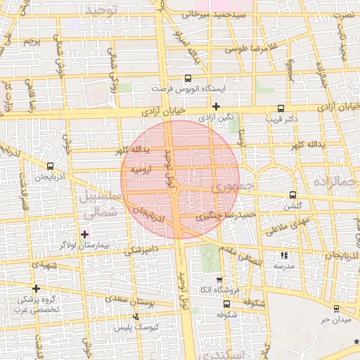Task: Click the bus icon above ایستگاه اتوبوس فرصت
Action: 188,79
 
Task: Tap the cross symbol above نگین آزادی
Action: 217,106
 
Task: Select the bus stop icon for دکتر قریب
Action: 281,108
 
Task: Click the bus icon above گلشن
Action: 292,195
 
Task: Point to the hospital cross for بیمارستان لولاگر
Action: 85,234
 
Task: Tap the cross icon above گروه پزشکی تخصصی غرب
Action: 36,288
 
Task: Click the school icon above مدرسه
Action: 284,256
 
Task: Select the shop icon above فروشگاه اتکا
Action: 219,280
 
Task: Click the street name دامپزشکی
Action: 144,250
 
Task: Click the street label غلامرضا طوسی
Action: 252,50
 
